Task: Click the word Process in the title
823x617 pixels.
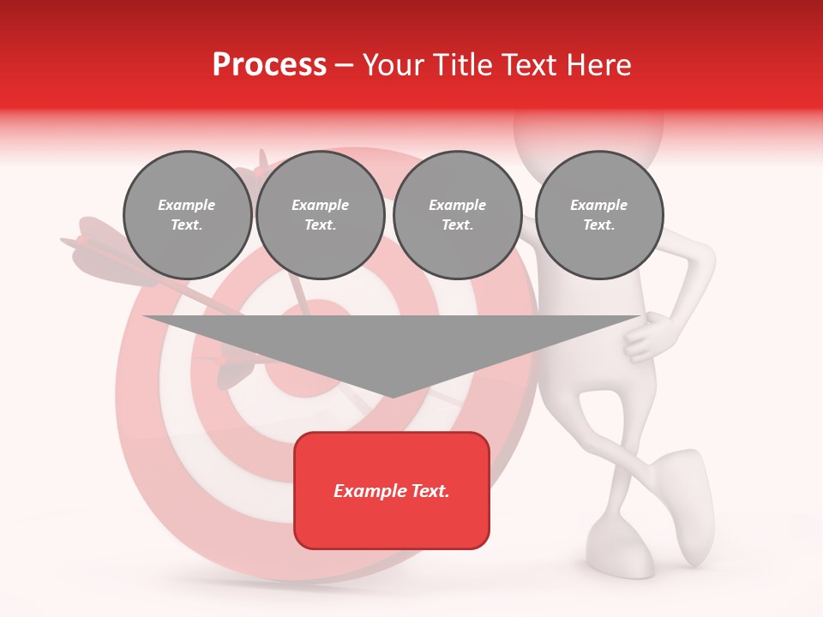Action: (269, 65)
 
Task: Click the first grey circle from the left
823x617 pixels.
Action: (187, 215)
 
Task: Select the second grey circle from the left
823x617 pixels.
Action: (320, 215)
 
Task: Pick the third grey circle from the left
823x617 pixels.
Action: (457, 215)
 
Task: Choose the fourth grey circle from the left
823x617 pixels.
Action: (598, 215)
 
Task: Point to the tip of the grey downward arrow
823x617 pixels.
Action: (392, 396)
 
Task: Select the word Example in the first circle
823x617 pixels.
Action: (187, 205)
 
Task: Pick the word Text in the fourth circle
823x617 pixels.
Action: (598, 225)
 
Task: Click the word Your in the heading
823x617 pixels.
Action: (393, 65)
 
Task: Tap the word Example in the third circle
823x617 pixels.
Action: (457, 205)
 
